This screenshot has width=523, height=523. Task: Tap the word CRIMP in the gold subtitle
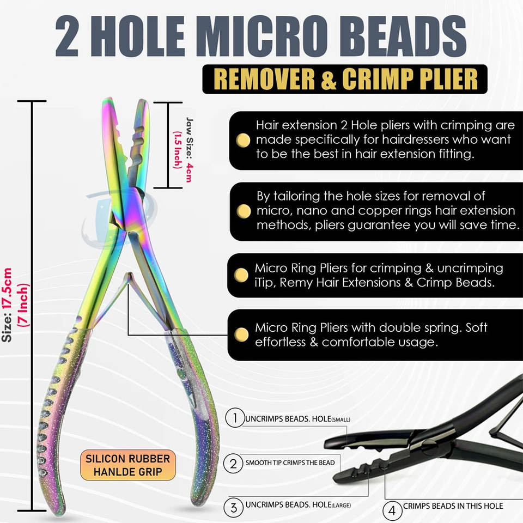point(377,79)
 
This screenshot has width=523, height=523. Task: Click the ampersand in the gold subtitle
point(329,80)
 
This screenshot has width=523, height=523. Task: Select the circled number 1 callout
point(235,418)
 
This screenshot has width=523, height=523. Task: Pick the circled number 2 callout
point(234,463)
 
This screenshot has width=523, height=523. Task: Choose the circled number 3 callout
point(234,507)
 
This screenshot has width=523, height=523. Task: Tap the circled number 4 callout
point(392,510)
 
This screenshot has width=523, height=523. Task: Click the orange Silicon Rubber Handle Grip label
point(128,465)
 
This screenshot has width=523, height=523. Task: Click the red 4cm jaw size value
point(189,173)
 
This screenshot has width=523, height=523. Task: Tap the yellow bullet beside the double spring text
point(241,334)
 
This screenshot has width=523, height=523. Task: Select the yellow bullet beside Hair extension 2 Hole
point(243,140)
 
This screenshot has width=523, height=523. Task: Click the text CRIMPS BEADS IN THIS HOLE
point(453,506)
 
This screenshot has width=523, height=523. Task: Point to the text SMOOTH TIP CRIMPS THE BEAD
point(290,463)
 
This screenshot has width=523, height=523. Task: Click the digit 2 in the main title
point(68,37)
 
